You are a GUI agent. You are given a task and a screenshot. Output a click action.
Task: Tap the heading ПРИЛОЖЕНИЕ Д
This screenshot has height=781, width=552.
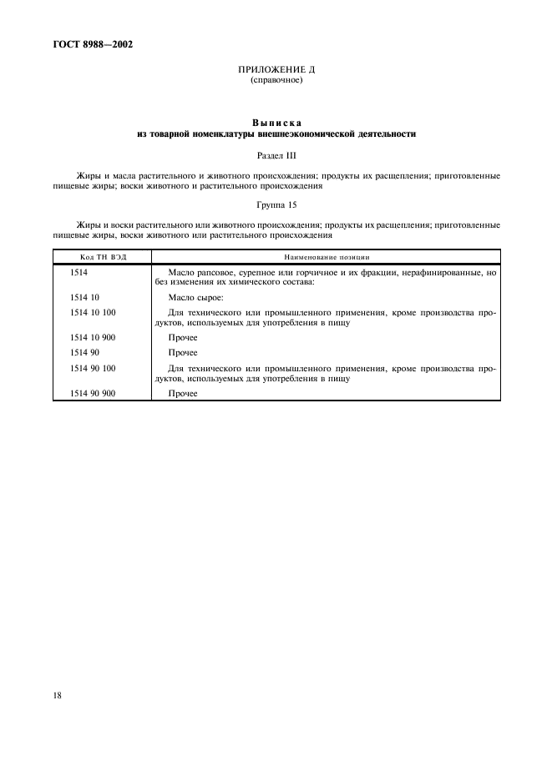276,70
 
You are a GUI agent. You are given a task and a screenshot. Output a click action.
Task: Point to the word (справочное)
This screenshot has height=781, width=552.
276,81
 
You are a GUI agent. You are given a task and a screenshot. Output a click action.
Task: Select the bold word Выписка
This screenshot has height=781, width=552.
276,122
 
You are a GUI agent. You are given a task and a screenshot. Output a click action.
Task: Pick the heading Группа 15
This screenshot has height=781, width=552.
276,204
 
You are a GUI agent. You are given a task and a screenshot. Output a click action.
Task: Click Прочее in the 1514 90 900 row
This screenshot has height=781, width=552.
182,393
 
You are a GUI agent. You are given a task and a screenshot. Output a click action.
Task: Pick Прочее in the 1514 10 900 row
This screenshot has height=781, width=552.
182,338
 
